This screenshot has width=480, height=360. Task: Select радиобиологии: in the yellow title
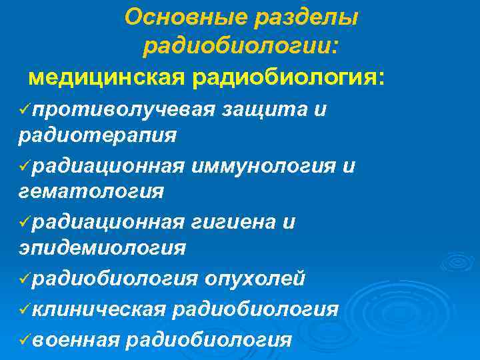coord(241,47)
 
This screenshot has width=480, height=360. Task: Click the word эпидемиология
coord(101,248)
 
